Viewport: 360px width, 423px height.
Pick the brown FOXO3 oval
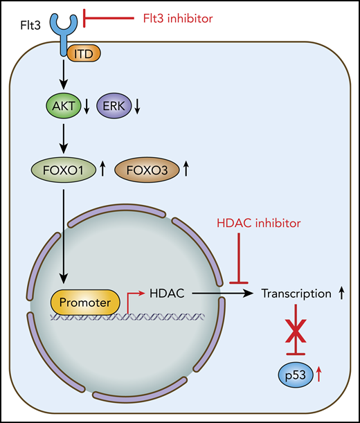[145, 168]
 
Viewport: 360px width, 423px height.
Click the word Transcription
[296, 294]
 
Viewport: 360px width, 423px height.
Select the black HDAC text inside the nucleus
[165, 294]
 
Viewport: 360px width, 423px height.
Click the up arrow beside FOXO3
[186, 168]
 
